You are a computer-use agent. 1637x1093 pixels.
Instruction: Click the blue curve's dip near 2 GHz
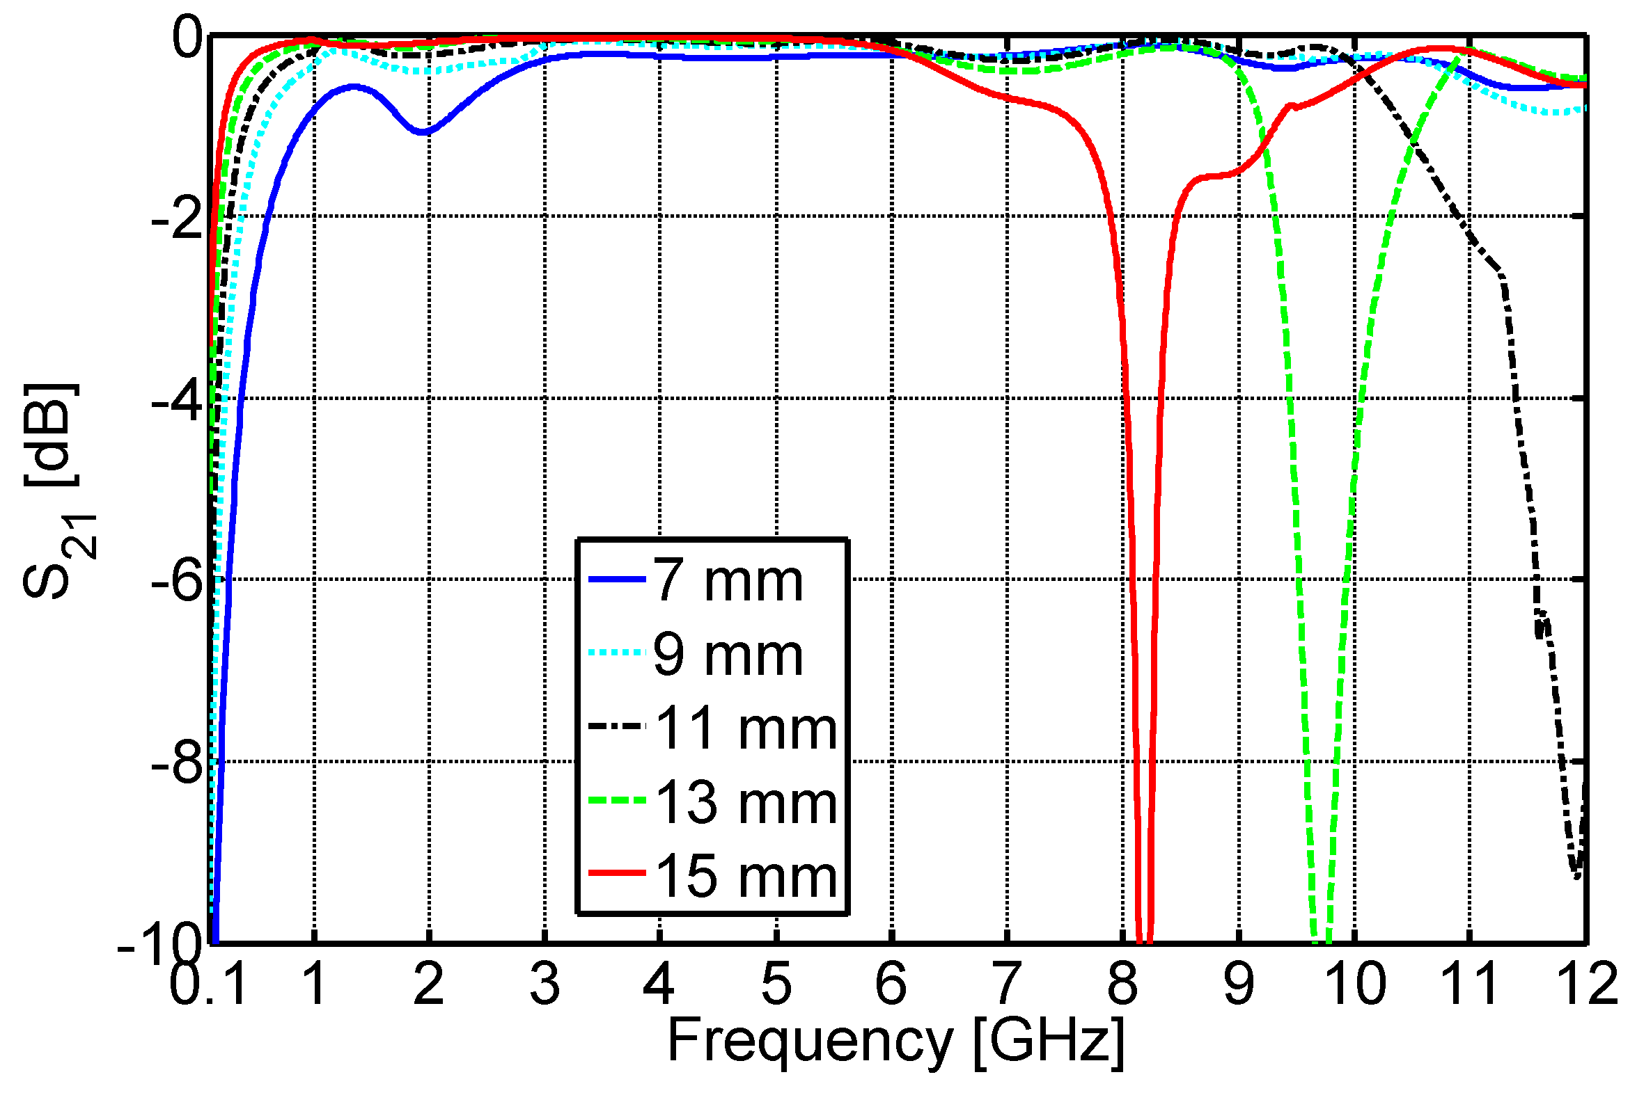(x=424, y=131)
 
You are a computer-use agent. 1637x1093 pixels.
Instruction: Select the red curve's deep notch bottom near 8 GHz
(x=1144, y=938)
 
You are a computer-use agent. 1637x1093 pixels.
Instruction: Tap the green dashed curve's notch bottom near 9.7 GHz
(x=1322, y=938)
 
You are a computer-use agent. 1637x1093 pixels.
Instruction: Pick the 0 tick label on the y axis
(x=187, y=38)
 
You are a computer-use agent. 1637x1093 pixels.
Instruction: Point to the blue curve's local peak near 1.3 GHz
(x=354, y=86)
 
